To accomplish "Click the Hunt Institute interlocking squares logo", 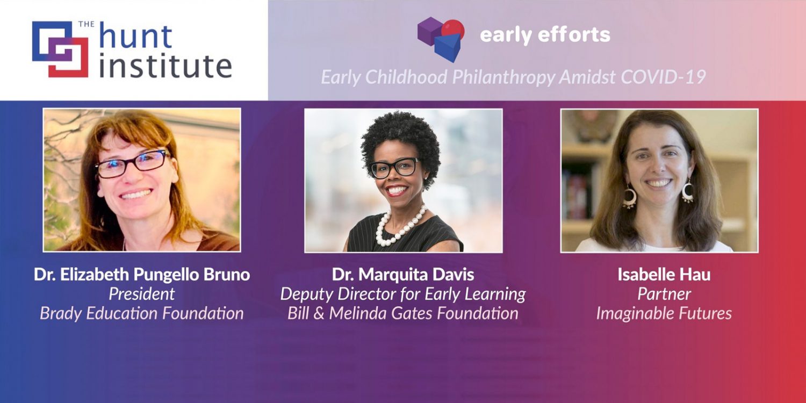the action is (60, 49).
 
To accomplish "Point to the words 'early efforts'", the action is (545, 35).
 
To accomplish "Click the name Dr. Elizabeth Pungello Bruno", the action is (142, 275).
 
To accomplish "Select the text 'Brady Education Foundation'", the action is (142, 313).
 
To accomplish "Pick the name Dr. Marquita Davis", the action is (403, 275).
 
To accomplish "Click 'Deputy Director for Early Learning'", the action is (403, 294).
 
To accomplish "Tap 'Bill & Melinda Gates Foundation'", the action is (403, 313).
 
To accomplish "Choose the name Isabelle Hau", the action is (664, 275).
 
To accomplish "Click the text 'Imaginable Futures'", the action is (664, 313).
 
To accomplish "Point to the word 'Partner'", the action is (664, 294).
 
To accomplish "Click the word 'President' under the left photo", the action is (142, 294).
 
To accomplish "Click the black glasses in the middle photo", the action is (394, 167).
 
